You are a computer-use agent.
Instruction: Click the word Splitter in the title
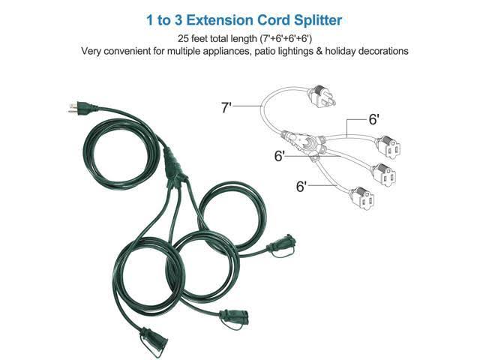tap(318, 20)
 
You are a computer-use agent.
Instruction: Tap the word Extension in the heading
tap(219, 20)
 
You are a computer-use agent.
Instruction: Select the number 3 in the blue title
tap(178, 20)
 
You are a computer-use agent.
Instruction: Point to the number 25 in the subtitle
tap(183, 38)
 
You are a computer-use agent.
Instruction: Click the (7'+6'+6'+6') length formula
tap(286, 39)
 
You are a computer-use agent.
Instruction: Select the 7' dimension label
tap(226, 107)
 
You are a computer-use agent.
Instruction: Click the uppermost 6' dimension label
tap(374, 119)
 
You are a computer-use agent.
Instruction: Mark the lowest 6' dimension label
tap(301, 187)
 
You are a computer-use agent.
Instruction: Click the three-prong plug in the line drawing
tap(321, 96)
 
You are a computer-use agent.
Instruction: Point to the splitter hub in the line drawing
tap(303, 142)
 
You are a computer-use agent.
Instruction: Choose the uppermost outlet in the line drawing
tap(388, 147)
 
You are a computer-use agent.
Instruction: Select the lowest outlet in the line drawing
tap(362, 198)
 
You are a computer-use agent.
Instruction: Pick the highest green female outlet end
tap(281, 245)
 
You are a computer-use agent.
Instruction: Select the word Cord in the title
tap(273, 20)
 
